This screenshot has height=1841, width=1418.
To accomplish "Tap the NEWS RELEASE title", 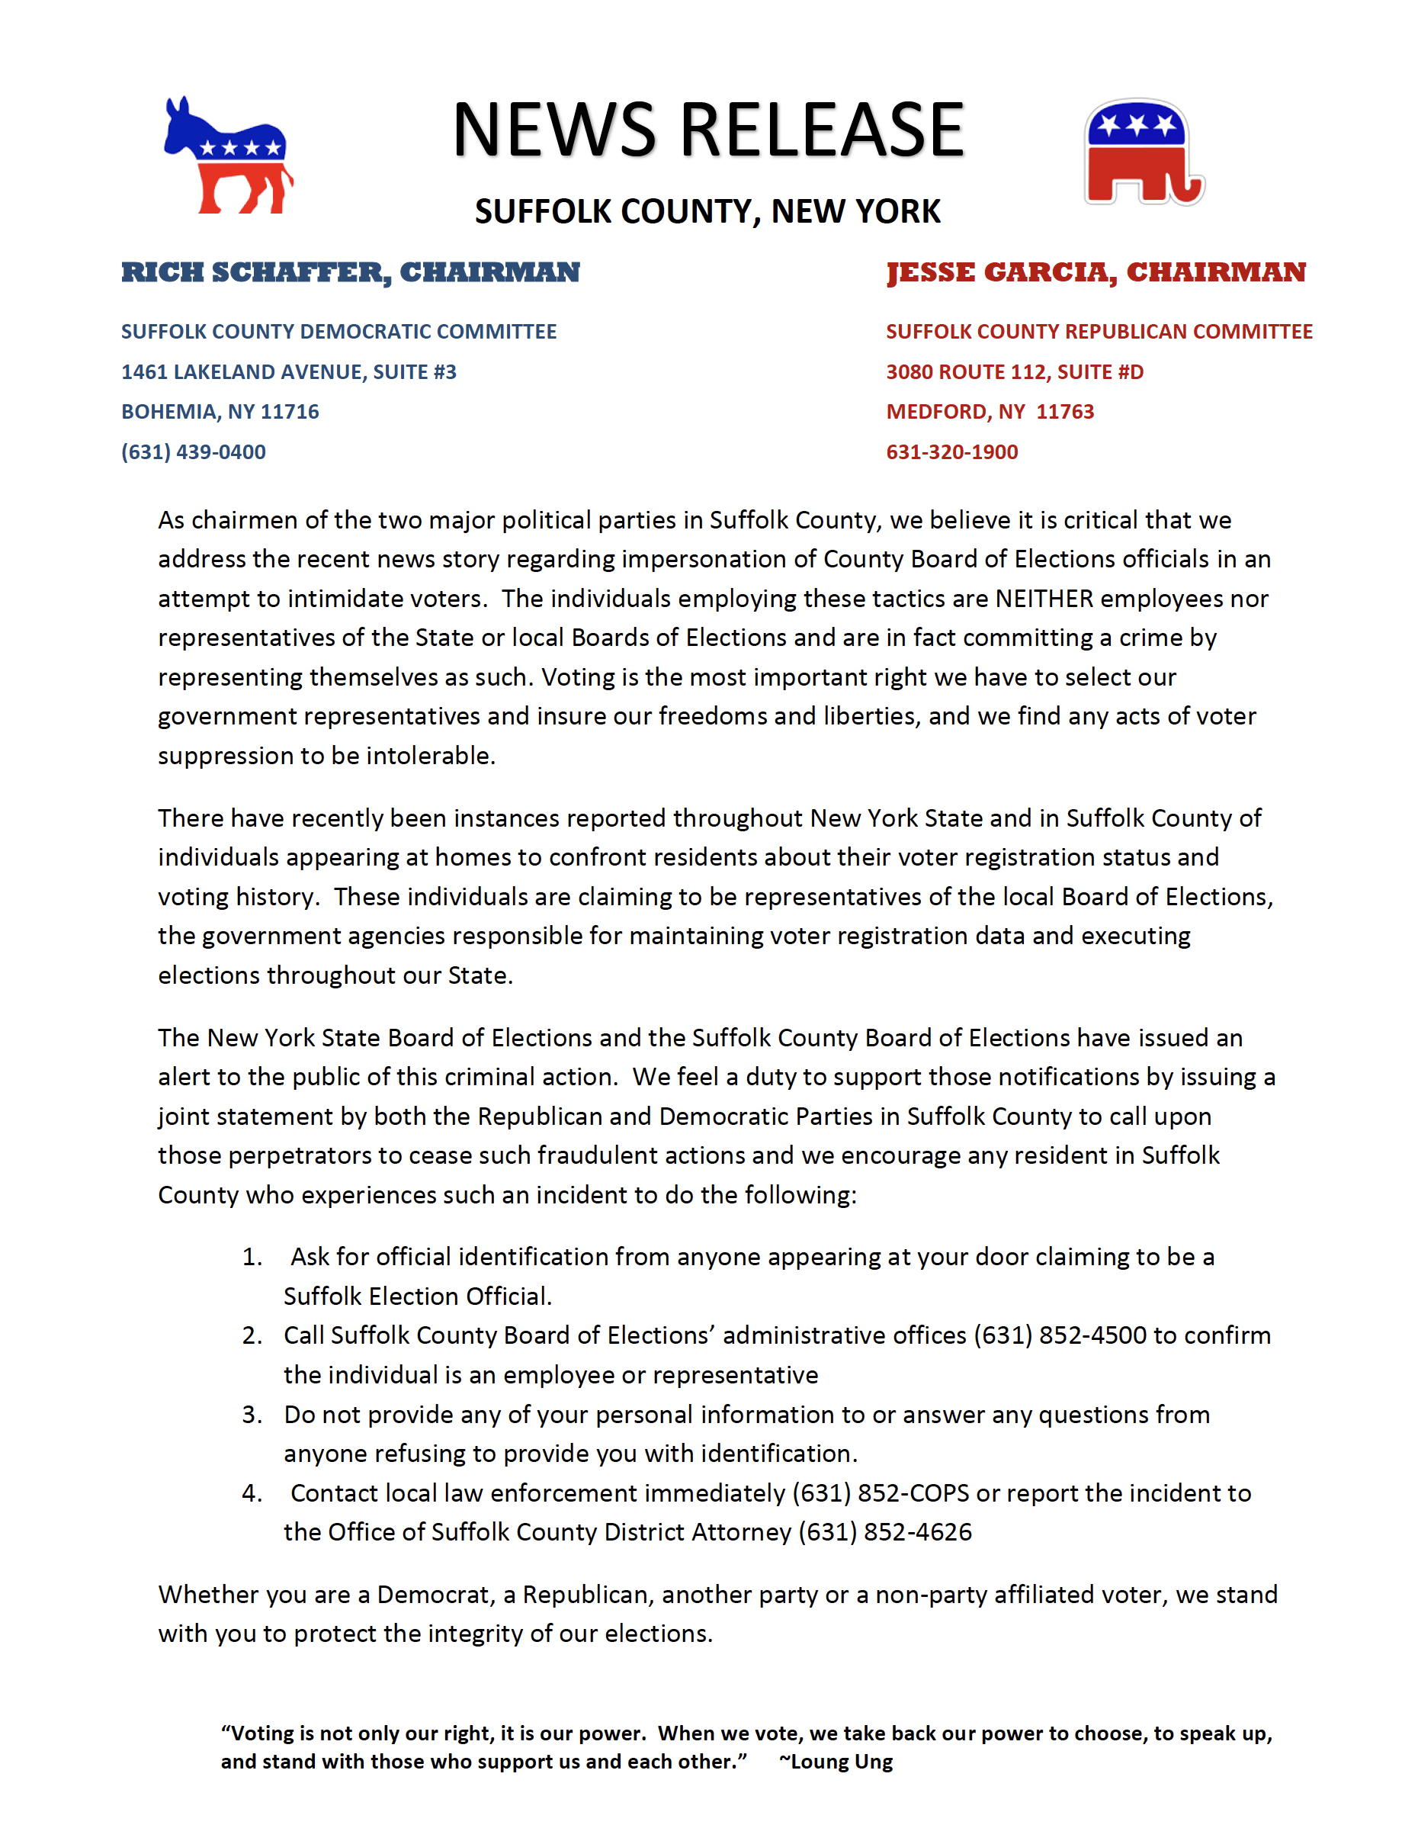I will pyautogui.click(x=707, y=130).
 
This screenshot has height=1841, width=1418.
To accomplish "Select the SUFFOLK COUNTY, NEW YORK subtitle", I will pyautogui.click(x=707, y=211).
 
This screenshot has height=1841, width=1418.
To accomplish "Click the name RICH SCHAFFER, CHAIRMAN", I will pyautogui.click(x=351, y=272).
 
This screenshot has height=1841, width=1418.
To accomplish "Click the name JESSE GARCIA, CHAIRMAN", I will pyautogui.click(x=1096, y=272).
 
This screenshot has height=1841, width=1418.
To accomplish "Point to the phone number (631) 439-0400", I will pyautogui.click(x=194, y=451).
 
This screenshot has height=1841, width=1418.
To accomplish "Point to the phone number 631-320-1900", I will pyautogui.click(x=952, y=451).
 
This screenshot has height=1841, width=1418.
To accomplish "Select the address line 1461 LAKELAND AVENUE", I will pyautogui.click(x=288, y=371).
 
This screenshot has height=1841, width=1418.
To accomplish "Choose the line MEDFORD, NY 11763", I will pyautogui.click(x=990, y=411).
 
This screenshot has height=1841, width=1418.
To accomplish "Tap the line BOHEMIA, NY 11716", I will pyautogui.click(x=220, y=411).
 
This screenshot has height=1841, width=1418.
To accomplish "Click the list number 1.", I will pyautogui.click(x=251, y=1257).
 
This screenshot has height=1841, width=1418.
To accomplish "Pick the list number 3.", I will pyautogui.click(x=251, y=1415).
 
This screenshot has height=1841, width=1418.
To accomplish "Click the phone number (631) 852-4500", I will pyautogui.click(x=1060, y=1335).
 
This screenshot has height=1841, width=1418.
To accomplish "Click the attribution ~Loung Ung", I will pyautogui.click(x=836, y=1762).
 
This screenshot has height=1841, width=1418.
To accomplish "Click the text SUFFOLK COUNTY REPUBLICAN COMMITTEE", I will pyautogui.click(x=1099, y=331).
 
